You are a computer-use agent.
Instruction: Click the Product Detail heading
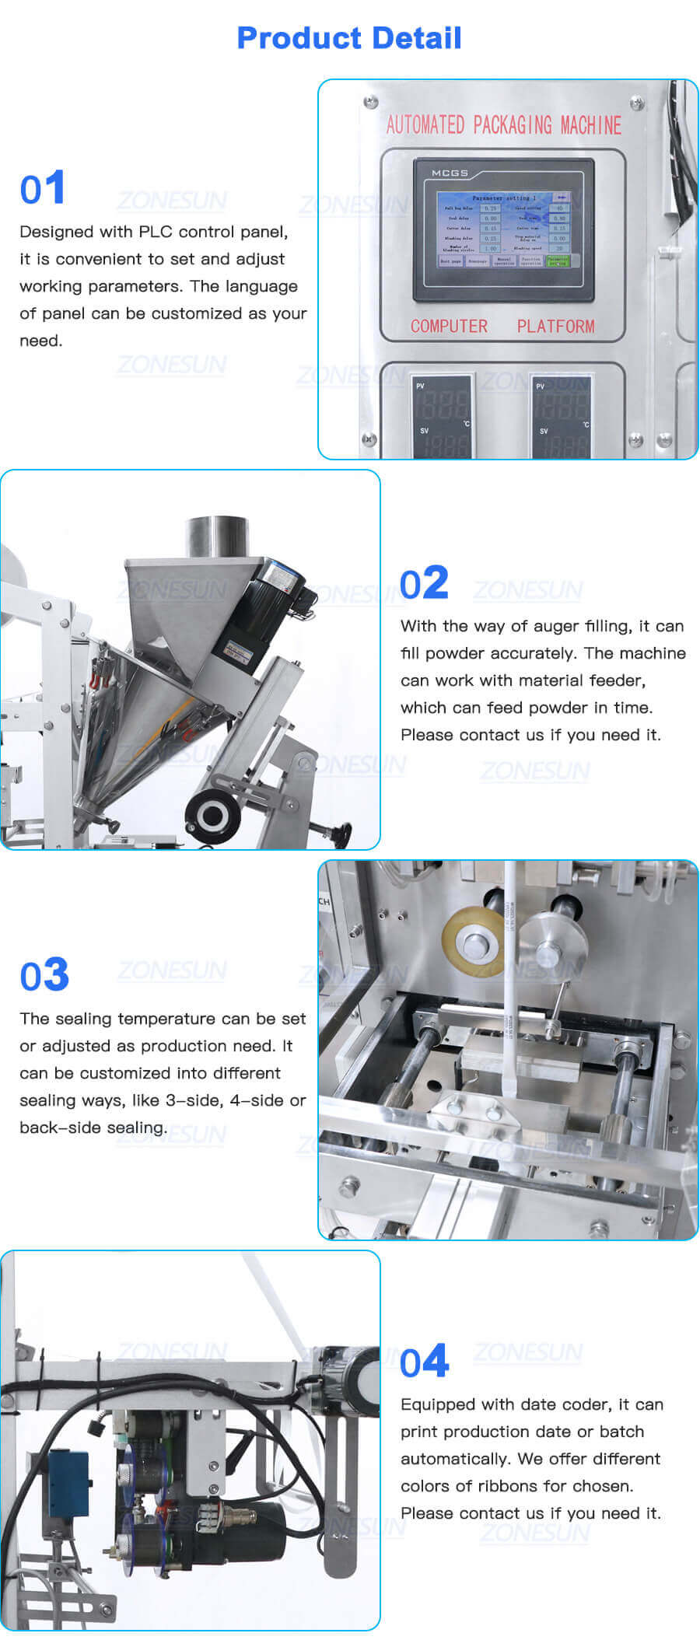tap(348, 37)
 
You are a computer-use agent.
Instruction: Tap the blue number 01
tap(42, 188)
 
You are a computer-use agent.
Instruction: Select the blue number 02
tap(424, 583)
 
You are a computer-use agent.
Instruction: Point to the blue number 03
tap(44, 975)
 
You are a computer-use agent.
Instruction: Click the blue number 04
tap(425, 1362)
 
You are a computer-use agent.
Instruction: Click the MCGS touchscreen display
tap(503, 230)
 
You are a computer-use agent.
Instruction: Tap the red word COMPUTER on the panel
tap(449, 327)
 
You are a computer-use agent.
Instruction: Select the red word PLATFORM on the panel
tap(555, 327)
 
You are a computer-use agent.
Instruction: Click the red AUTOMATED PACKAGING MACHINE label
tap(503, 125)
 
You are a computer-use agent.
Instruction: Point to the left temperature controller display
tap(442, 416)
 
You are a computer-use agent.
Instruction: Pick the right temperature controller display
tap(562, 416)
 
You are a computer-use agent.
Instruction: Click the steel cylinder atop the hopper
tap(217, 537)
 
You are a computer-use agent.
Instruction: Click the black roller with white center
tap(212, 815)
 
